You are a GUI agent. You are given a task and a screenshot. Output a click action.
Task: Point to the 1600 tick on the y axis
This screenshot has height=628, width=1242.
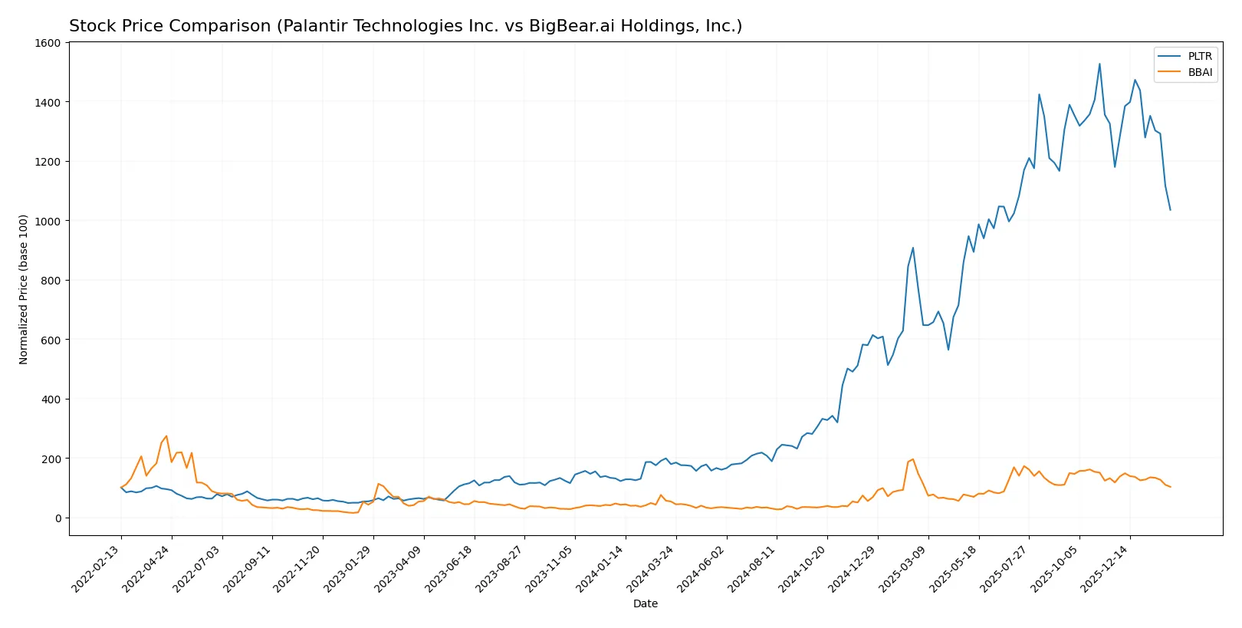coord(48,43)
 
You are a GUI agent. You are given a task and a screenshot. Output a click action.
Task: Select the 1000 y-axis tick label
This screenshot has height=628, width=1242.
coord(48,221)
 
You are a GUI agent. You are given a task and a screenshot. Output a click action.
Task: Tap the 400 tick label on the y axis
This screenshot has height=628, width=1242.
coord(51,399)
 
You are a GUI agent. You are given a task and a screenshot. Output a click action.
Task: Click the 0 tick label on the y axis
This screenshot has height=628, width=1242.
coord(58,518)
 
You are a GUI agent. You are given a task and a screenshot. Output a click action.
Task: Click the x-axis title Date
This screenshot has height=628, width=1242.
coord(645,603)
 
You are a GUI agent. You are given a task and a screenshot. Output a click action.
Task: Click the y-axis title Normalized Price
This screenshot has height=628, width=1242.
coord(24,289)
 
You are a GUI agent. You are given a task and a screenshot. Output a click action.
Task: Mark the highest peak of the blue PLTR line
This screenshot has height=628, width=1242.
coord(1099,64)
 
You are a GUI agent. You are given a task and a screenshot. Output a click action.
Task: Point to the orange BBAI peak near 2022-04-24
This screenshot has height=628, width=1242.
coord(166,436)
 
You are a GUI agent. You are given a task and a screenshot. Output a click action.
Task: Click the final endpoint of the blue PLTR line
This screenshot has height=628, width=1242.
coord(1170,209)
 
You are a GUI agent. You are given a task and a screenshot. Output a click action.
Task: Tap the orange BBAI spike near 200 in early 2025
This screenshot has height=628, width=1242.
coord(912,459)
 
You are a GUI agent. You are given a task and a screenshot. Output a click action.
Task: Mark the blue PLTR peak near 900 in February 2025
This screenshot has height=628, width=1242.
coord(913,248)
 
